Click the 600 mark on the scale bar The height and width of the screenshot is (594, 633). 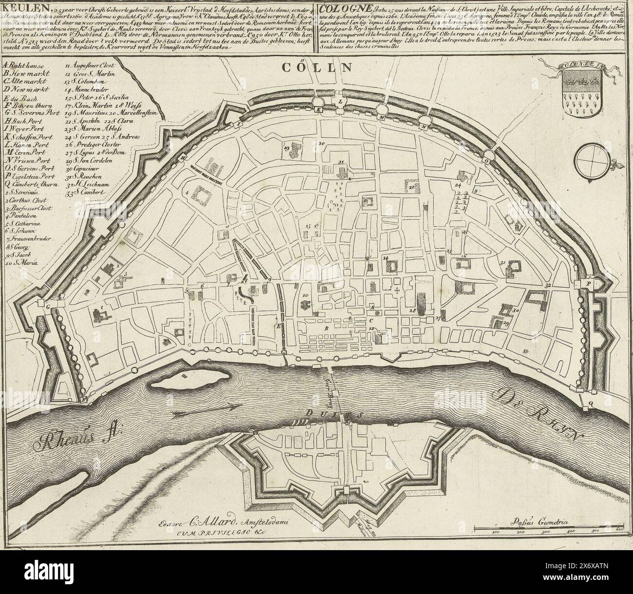coord(619,533)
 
